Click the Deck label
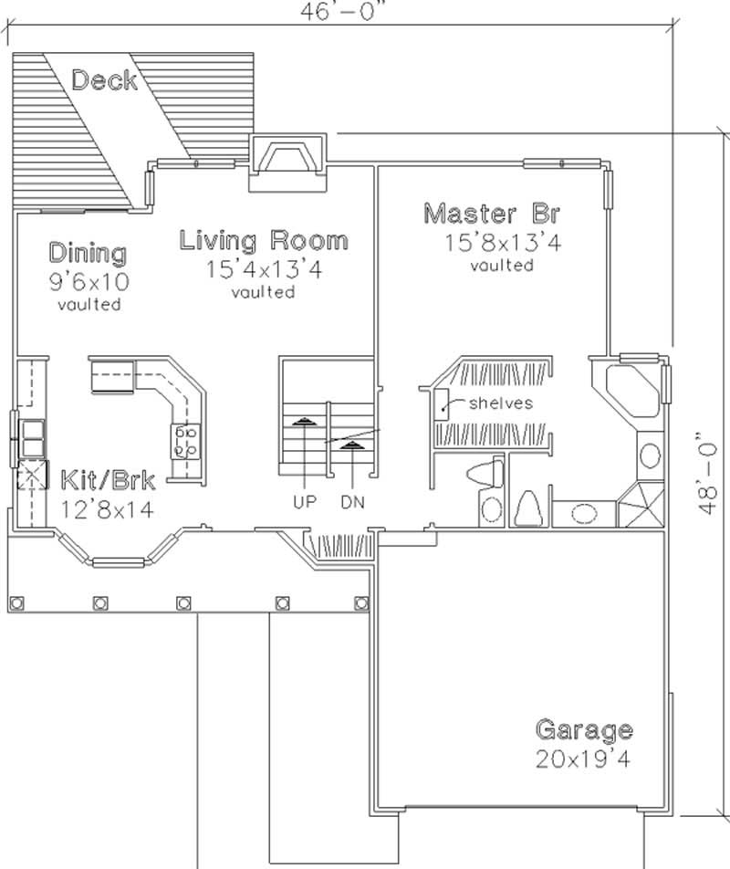(104, 80)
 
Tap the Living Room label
(263, 241)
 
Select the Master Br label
(491, 215)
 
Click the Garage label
(583, 730)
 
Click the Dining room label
(88, 252)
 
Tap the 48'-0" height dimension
(709, 473)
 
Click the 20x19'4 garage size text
(583, 759)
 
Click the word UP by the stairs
(305, 502)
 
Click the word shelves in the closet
(500, 403)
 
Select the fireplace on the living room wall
(288, 162)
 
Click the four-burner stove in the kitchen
(186, 441)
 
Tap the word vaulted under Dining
(89, 305)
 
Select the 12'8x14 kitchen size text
(108, 508)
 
